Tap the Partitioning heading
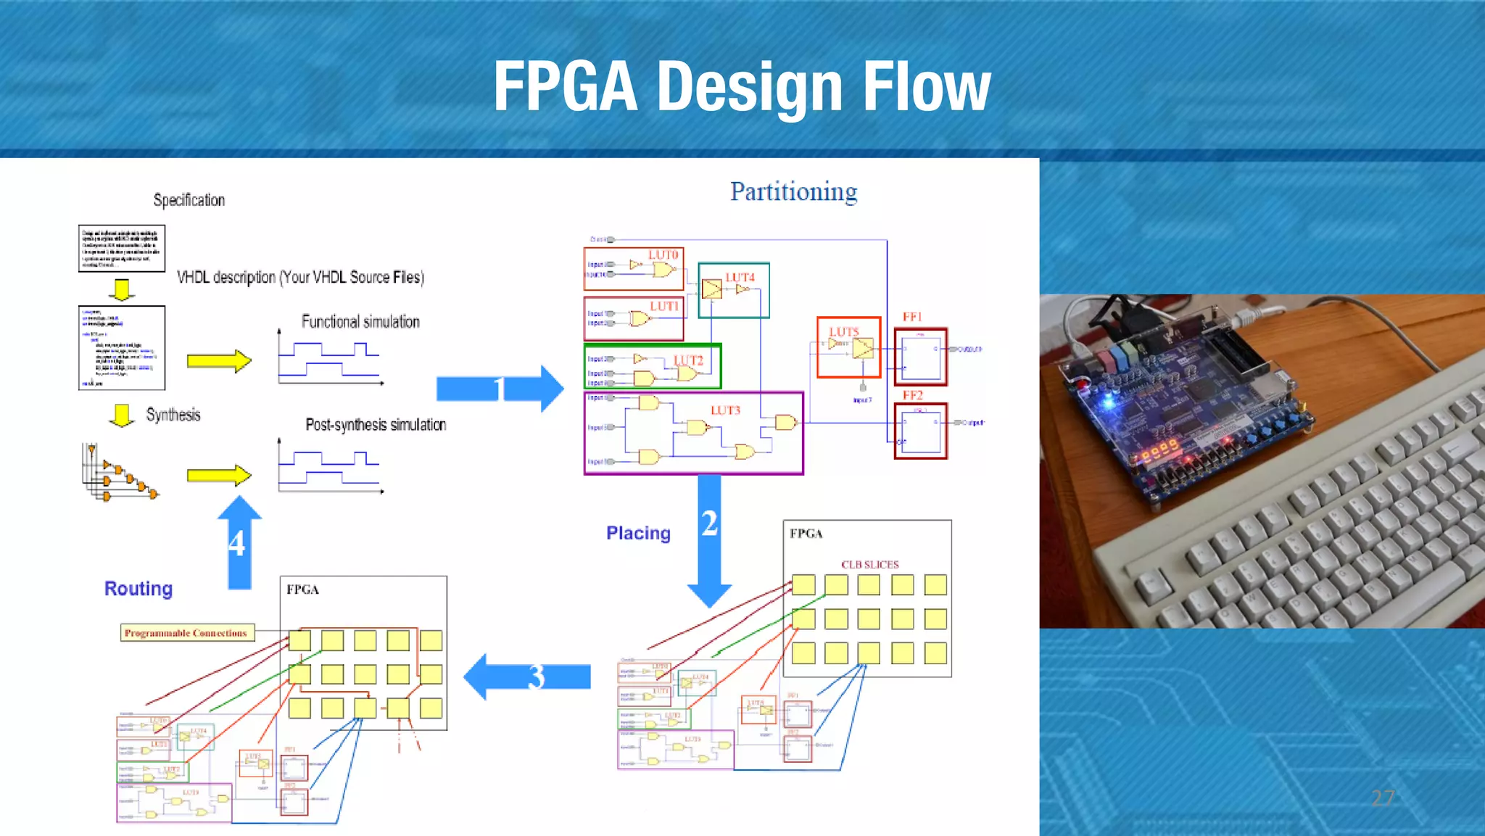click(793, 192)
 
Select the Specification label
click(189, 200)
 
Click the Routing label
click(138, 589)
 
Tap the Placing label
click(638, 534)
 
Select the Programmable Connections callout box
click(186, 633)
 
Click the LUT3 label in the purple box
click(725, 410)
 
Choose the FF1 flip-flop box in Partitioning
click(920, 357)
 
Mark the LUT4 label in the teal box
click(740, 278)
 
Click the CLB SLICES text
click(869, 565)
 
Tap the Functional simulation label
click(360, 322)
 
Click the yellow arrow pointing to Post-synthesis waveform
click(218, 476)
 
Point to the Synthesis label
click(173, 415)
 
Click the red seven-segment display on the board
click(1160, 450)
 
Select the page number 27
click(1382, 798)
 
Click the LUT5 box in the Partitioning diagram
click(848, 347)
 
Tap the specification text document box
click(122, 249)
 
